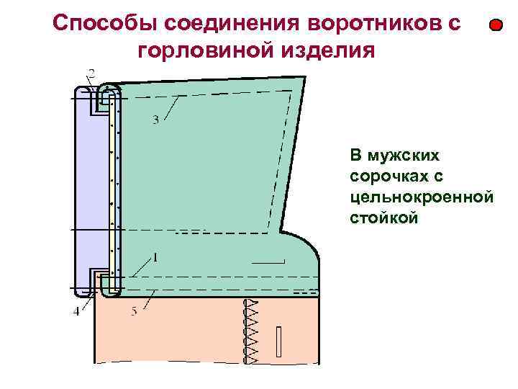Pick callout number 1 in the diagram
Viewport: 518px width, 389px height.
coord(155,256)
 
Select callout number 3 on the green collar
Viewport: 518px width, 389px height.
coord(155,120)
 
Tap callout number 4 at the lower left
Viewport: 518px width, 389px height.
coord(77,312)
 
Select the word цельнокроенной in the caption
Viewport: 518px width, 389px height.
coord(421,196)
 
